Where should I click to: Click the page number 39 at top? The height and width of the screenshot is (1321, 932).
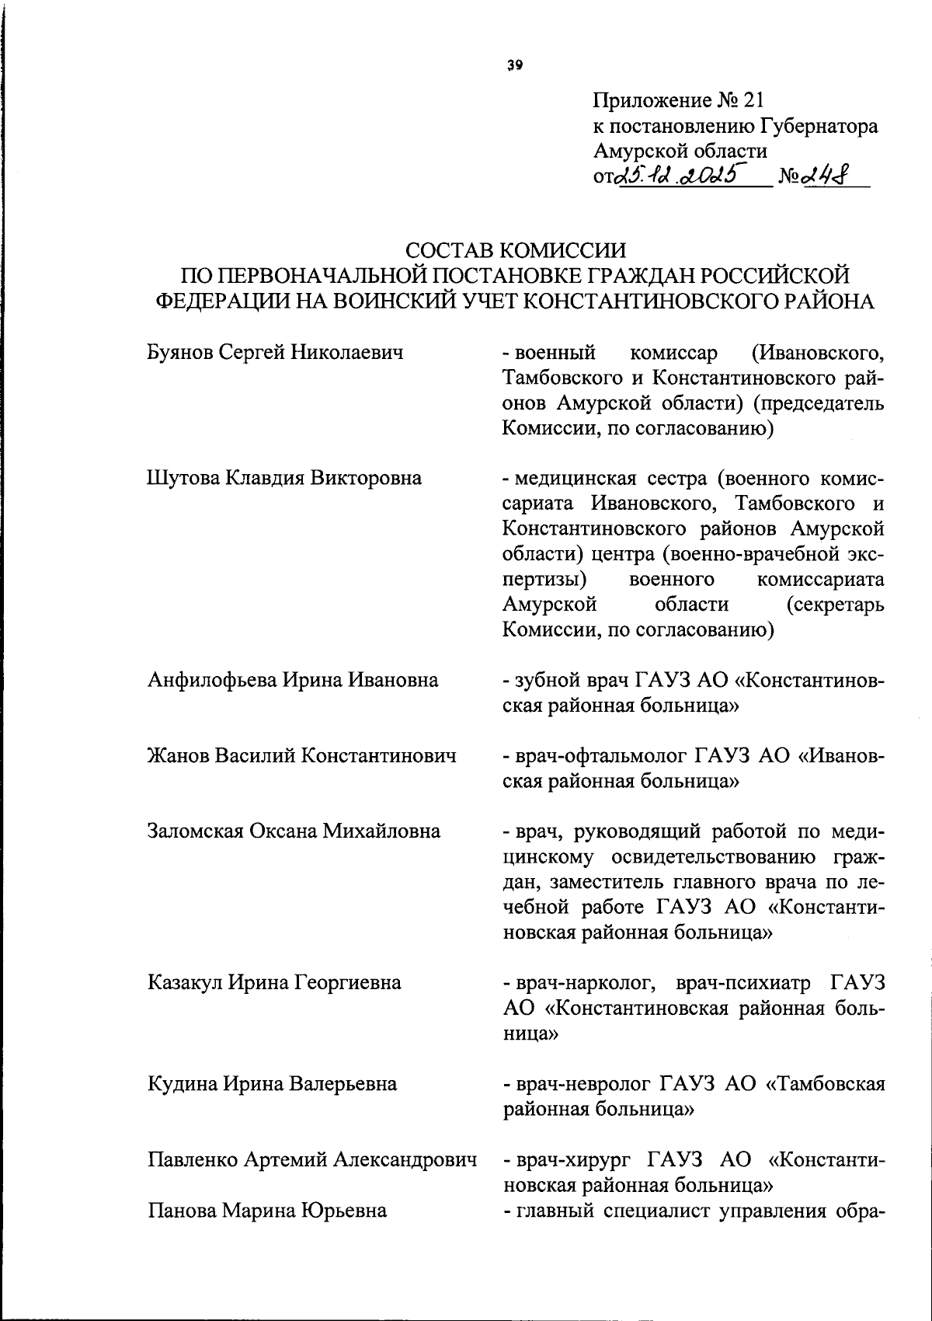(516, 65)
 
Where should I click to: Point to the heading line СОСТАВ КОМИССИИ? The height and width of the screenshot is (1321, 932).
(516, 249)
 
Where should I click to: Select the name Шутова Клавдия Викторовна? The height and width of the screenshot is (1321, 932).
(284, 478)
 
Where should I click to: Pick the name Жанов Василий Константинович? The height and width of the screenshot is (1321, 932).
(301, 755)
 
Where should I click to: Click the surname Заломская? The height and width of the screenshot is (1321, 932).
(195, 831)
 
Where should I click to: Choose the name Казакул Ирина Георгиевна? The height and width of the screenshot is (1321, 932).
(274, 982)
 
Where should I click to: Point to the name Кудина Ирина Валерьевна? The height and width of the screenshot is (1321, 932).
(272, 1083)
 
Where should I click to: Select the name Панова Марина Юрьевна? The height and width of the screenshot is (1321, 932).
(267, 1210)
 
